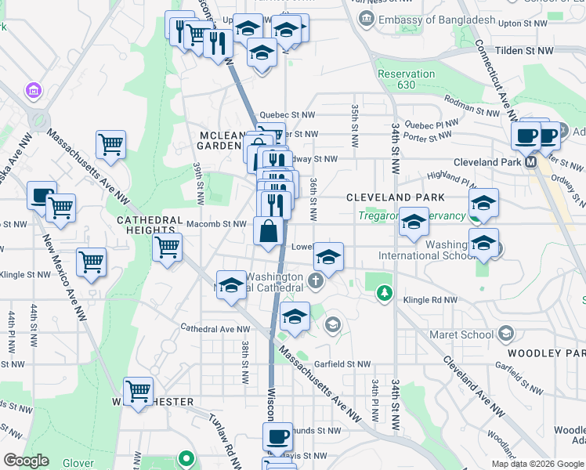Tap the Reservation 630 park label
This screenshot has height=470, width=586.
click(x=406, y=79)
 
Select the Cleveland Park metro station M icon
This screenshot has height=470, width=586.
click(x=530, y=162)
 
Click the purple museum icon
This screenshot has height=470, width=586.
click(x=34, y=92)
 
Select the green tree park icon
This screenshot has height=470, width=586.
click(x=383, y=294)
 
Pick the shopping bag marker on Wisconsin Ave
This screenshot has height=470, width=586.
click(x=268, y=232)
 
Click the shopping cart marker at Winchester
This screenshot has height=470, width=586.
click(x=138, y=390)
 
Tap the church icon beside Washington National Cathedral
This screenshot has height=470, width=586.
click(x=316, y=280)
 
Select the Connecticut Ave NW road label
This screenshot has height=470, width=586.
click(x=493, y=79)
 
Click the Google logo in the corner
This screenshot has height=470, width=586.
click(x=26, y=461)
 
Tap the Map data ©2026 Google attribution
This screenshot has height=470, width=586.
click(x=537, y=464)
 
